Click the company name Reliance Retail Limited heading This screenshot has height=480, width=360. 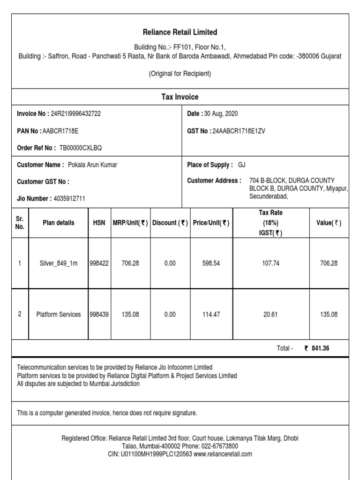tap(180, 32)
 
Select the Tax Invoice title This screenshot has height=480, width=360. tap(180, 97)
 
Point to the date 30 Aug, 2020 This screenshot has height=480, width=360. tap(221, 114)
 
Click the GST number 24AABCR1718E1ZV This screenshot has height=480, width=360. tap(239, 131)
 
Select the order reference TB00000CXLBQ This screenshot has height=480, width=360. tap(80, 148)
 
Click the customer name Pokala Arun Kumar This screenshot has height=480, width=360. tap(93, 165)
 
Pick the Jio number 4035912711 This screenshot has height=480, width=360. tap(70, 199)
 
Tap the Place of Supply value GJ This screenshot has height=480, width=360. tap(241, 165)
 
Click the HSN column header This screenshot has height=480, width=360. tap(99, 223)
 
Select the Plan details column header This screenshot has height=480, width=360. tap(58, 223)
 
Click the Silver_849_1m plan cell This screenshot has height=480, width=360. tap(58, 263)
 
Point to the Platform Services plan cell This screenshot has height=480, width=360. tap(58, 315)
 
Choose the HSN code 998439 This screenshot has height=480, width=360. tap(99, 315)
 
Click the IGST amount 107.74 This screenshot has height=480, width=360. tap(270, 263)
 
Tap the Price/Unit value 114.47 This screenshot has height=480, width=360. tap(211, 315)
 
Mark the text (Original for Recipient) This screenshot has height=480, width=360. tap(180, 74)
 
